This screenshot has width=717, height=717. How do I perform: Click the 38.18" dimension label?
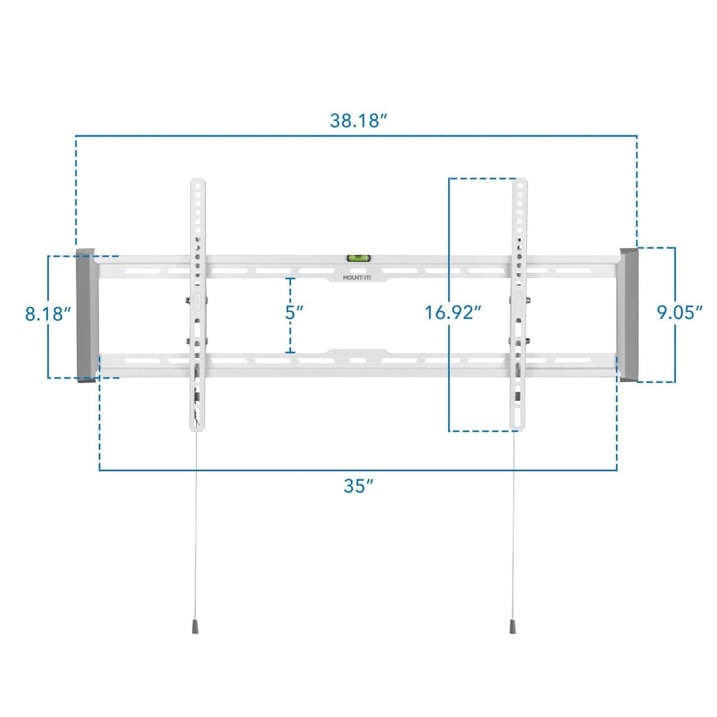pyautogui.click(x=358, y=120)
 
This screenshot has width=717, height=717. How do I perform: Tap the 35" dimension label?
pyautogui.click(x=358, y=485)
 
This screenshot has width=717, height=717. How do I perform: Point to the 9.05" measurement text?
pyautogui.click(x=680, y=312)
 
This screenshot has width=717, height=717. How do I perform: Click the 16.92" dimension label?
pyautogui.click(x=453, y=312)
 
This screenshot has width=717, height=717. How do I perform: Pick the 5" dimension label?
pyautogui.click(x=294, y=312)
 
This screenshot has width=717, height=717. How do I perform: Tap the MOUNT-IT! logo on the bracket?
pyautogui.click(x=357, y=277)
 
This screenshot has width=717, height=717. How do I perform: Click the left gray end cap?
pyautogui.click(x=86, y=316)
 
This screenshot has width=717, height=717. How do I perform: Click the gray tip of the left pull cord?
pyautogui.click(x=195, y=627)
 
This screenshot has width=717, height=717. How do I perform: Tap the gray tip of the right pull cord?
pyautogui.click(x=512, y=627)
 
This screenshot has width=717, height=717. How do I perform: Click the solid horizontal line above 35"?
pyautogui.click(x=358, y=470)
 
